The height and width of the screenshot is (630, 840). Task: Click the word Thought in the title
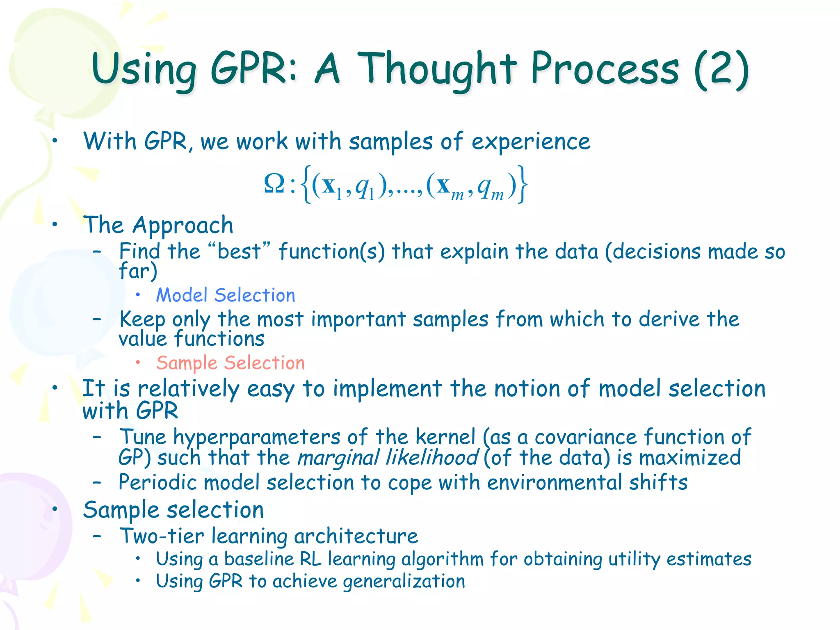[x=437, y=70]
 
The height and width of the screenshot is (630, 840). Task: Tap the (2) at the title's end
[x=722, y=70]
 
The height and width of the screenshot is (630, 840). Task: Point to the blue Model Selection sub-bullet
[x=226, y=295]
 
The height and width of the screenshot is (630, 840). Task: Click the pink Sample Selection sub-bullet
[x=231, y=363]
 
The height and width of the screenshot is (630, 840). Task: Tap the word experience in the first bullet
[x=531, y=142]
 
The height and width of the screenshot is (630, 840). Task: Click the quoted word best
[x=239, y=251]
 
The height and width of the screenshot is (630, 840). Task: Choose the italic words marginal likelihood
[x=388, y=458]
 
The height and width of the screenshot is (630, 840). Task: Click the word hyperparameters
[x=257, y=438]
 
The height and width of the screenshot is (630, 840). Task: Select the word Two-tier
[x=162, y=536]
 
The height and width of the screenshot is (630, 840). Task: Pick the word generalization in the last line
[x=404, y=582]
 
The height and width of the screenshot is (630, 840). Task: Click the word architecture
[x=356, y=536]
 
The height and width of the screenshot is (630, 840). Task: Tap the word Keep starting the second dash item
[x=142, y=320]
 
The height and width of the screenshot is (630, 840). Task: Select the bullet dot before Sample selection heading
[x=55, y=509]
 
